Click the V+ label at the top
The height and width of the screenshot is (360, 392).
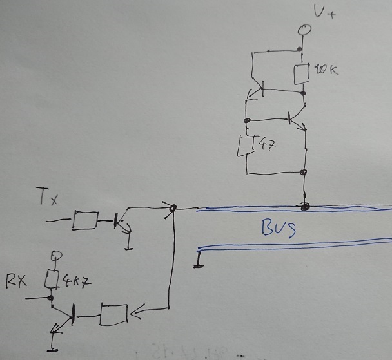324,12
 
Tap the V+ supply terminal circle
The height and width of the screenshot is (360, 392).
304,30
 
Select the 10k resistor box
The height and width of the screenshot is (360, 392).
302,74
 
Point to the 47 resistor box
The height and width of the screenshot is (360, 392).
246,146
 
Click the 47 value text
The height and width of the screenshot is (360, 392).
268,145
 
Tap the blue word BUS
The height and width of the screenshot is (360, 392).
279,228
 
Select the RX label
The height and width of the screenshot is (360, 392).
16,281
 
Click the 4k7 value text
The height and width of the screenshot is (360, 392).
77,281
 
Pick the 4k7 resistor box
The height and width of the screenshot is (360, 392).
52,279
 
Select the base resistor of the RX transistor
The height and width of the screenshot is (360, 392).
113,314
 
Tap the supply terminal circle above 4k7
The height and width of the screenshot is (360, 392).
57,255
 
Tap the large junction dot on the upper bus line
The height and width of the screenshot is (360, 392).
305,207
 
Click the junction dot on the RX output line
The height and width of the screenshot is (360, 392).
51,298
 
